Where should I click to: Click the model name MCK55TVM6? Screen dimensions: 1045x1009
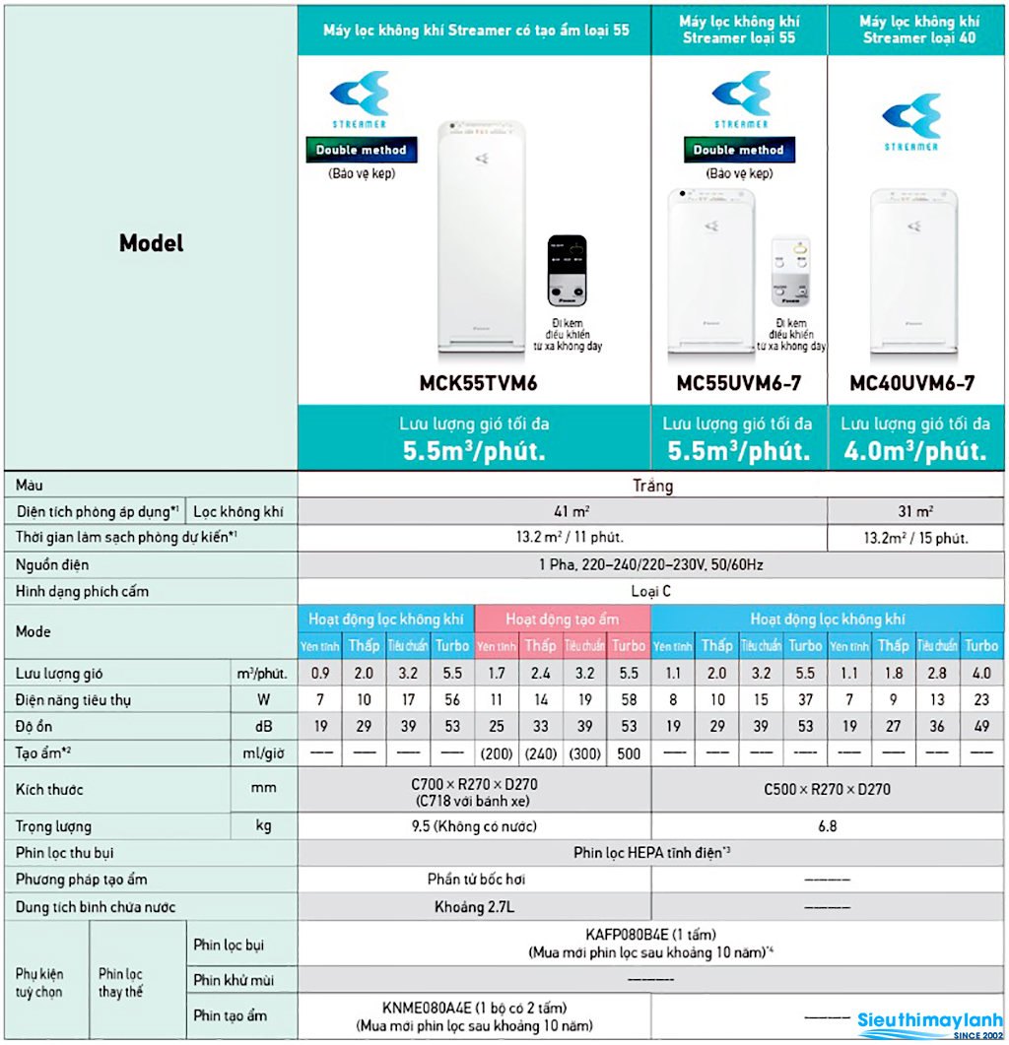click(474, 382)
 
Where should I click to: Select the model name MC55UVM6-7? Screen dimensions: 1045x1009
click(739, 382)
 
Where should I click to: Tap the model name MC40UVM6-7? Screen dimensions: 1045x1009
click(912, 382)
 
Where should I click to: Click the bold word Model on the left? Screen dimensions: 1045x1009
click(151, 242)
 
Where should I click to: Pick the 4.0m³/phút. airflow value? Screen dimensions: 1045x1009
click(915, 451)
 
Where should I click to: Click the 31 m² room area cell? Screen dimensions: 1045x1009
click(915, 512)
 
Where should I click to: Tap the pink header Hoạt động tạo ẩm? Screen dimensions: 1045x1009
click(562, 619)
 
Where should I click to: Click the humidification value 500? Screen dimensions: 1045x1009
click(628, 753)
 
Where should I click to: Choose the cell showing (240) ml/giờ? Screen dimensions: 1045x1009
click(540, 753)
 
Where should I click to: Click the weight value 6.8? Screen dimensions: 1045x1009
click(828, 825)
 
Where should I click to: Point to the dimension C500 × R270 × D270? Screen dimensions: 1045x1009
click(828, 789)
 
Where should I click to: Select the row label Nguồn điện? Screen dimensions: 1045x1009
click(52, 565)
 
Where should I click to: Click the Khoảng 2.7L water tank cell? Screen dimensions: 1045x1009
click(474, 906)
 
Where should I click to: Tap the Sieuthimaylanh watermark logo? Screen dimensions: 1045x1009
click(930, 1021)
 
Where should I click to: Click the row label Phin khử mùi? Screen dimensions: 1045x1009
click(235, 980)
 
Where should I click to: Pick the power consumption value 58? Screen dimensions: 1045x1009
click(628, 700)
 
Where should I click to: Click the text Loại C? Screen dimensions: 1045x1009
click(651, 592)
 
